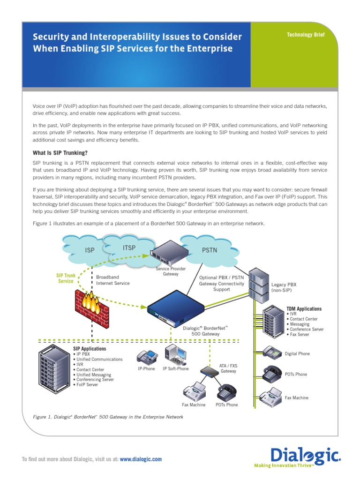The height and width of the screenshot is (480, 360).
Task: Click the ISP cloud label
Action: click(90, 250)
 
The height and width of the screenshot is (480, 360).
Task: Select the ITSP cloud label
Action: click(129, 247)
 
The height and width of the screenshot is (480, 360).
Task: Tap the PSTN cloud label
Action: click(210, 250)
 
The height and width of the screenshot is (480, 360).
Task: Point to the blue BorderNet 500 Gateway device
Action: click(176, 311)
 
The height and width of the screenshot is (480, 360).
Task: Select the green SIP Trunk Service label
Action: click(66, 278)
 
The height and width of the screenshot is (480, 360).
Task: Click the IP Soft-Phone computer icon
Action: click(176, 354)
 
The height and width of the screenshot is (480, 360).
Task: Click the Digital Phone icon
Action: click(272, 352)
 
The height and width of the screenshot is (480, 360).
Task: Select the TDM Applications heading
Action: click(304, 309)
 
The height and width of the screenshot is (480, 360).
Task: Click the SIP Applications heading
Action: click(90, 349)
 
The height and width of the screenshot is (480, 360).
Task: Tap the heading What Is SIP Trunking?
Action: click(60, 153)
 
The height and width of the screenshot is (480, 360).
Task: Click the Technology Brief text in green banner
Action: click(305, 35)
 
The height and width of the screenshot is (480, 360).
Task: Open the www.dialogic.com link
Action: click(141, 459)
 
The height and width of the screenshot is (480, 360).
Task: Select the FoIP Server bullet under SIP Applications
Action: click(86, 384)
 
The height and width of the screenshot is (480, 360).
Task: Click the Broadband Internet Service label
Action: click(113, 280)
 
